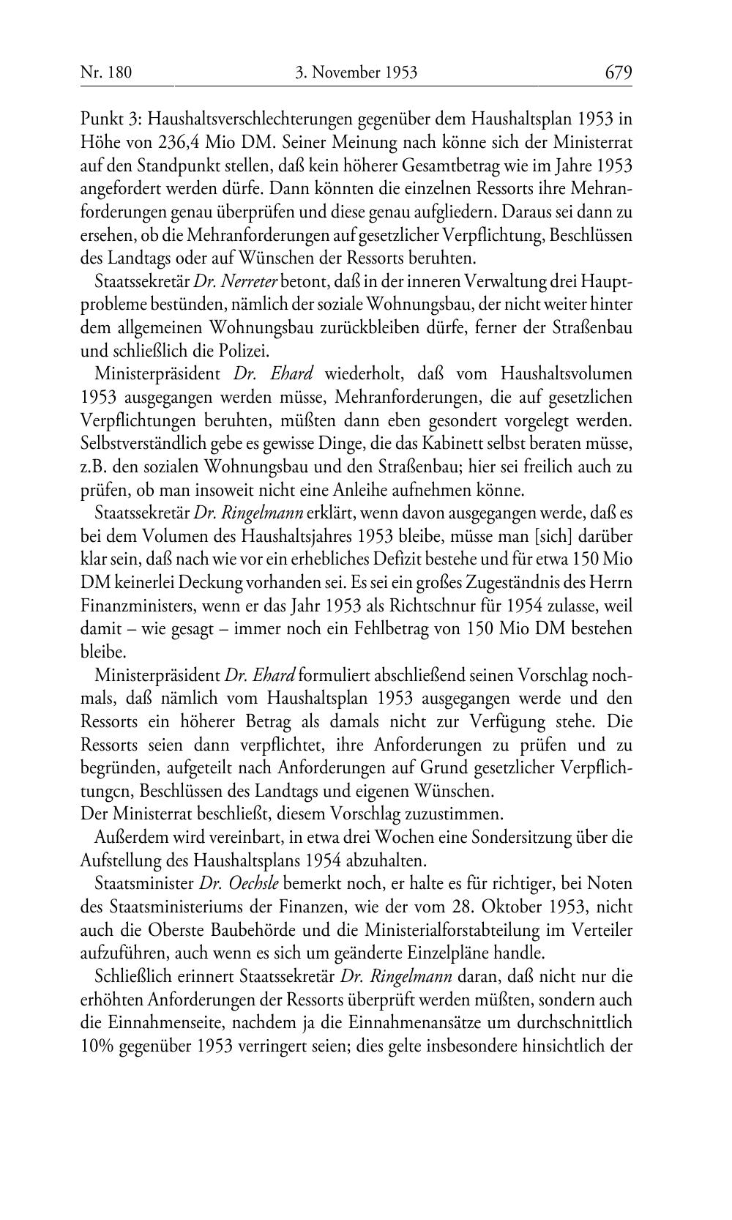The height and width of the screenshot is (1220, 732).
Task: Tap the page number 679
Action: (619, 72)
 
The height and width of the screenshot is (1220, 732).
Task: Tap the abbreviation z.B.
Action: (94, 466)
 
